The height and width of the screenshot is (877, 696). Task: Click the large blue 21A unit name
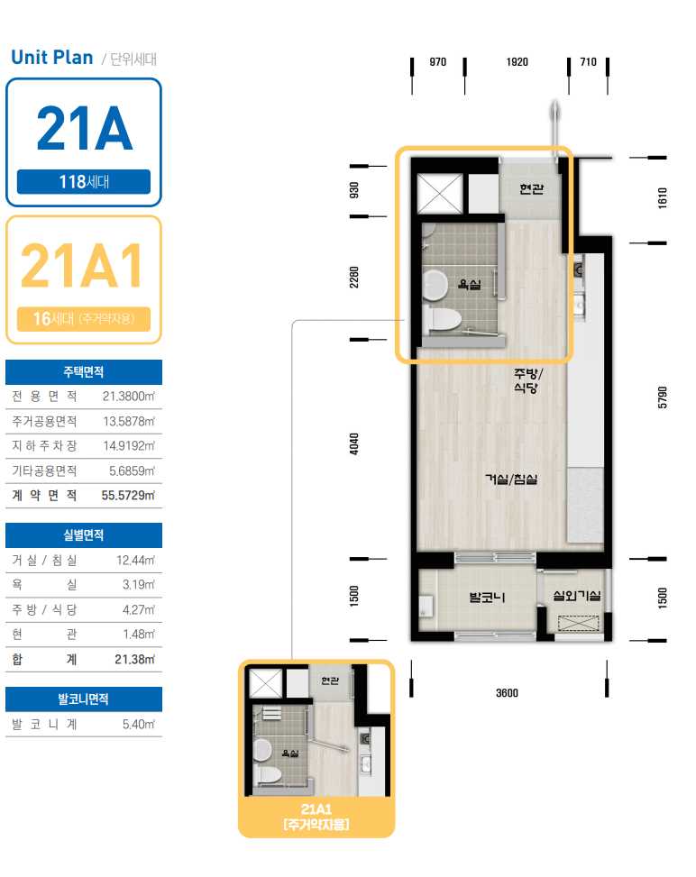[85, 129]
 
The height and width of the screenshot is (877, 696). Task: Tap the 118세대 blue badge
[84, 181]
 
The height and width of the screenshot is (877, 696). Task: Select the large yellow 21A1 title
[82, 266]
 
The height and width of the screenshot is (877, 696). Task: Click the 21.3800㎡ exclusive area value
[128, 397]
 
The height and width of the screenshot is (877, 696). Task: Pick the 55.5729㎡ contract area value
[127, 496]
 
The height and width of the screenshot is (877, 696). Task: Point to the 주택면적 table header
[83, 372]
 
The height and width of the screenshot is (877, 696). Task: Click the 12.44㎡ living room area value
[135, 561]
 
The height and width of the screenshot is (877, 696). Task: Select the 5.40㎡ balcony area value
[139, 725]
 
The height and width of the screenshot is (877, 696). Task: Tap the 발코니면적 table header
[83, 699]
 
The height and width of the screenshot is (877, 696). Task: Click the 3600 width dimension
[507, 693]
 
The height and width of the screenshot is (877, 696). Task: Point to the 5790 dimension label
[663, 397]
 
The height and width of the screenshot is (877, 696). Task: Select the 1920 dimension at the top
[517, 62]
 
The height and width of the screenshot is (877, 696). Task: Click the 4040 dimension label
[354, 443]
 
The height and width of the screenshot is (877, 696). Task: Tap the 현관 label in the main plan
[532, 189]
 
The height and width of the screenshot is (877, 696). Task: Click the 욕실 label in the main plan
[470, 284]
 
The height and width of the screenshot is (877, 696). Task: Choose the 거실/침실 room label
[511, 480]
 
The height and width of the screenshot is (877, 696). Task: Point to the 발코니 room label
[488, 598]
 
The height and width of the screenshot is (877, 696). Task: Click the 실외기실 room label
[577, 596]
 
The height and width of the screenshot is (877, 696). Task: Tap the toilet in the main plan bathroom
[442, 319]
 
